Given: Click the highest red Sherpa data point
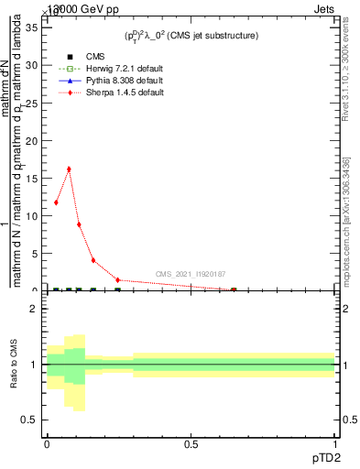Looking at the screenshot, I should click(x=69, y=169).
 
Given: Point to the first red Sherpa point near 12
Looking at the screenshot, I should click(x=57, y=202).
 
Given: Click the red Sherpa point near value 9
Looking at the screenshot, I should click(x=80, y=224).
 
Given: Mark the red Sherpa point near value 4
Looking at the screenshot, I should click(x=93, y=260).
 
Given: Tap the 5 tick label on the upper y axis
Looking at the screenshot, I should click(x=33, y=253).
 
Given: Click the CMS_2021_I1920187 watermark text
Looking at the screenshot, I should click(x=191, y=274).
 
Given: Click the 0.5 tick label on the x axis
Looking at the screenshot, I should click(x=191, y=444).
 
